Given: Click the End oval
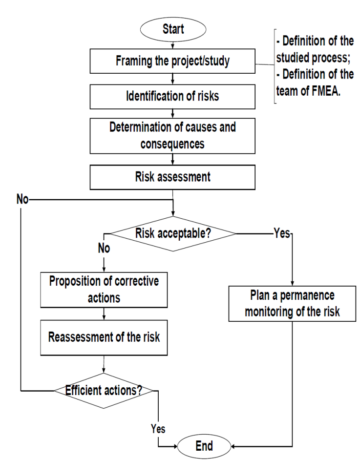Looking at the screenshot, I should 204,445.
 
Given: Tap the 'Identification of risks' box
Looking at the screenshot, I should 173,97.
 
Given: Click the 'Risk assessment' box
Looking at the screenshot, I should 173,176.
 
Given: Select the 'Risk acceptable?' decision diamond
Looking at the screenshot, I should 173,233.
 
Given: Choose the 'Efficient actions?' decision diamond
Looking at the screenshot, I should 104,391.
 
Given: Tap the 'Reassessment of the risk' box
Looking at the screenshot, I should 104,337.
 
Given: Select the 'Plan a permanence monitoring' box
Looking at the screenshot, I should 292,304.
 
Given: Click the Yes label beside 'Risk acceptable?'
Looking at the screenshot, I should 282,234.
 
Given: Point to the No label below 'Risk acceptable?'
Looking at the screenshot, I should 103,249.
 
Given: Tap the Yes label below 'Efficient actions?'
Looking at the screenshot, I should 157,429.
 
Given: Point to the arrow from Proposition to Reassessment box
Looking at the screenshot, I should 104,315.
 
